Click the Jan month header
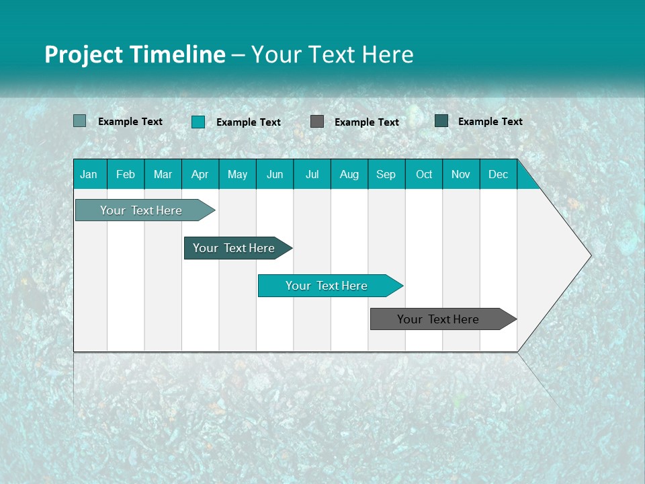[x=89, y=174]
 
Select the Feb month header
[x=126, y=174]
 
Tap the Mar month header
[x=163, y=174]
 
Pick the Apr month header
[x=200, y=174]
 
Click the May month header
[x=237, y=174]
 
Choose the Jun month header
[x=275, y=174]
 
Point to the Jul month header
[x=312, y=174]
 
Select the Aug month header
[x=349, y=174]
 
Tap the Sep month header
[x=386, y=174]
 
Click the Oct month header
[x=424, y=174]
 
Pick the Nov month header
[x=461, y=174]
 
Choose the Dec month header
[x=499, y=174]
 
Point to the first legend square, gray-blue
[x=79, y=121]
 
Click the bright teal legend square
[x=198, y=122]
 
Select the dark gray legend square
[x=317, y=121]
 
